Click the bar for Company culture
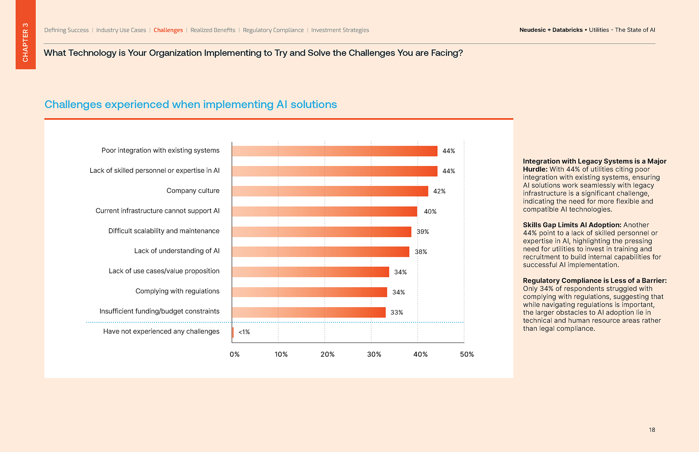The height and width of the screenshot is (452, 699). coord(330,191)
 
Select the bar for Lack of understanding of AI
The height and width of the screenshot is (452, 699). coord(320,252)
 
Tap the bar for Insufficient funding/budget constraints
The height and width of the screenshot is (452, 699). coord(309,312)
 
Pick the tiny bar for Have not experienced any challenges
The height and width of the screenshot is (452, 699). coord(233,332)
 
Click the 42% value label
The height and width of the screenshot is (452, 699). coord(439,191)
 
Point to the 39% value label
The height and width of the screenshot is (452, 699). coord(423,231)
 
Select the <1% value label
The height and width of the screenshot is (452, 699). coord(244,332)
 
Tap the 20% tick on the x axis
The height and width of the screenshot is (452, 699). coord(327,354)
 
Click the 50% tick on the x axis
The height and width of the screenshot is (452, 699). coord(467,354)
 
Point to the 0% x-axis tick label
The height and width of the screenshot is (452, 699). coord(234,354)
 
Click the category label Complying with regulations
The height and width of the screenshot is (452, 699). coord(177,291)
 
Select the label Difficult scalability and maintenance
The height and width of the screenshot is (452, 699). coord(164,231)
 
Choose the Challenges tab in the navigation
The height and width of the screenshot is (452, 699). coord(168,30)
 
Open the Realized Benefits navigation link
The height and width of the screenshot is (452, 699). coord(213,30)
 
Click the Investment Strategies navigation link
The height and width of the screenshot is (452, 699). coord(340,30)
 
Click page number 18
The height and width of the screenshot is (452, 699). coord(652,430)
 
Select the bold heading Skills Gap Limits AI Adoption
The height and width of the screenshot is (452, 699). coord(572,225)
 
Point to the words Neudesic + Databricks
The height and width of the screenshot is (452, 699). coord(551,30)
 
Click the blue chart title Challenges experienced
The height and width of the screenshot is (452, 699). coord(190,104)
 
